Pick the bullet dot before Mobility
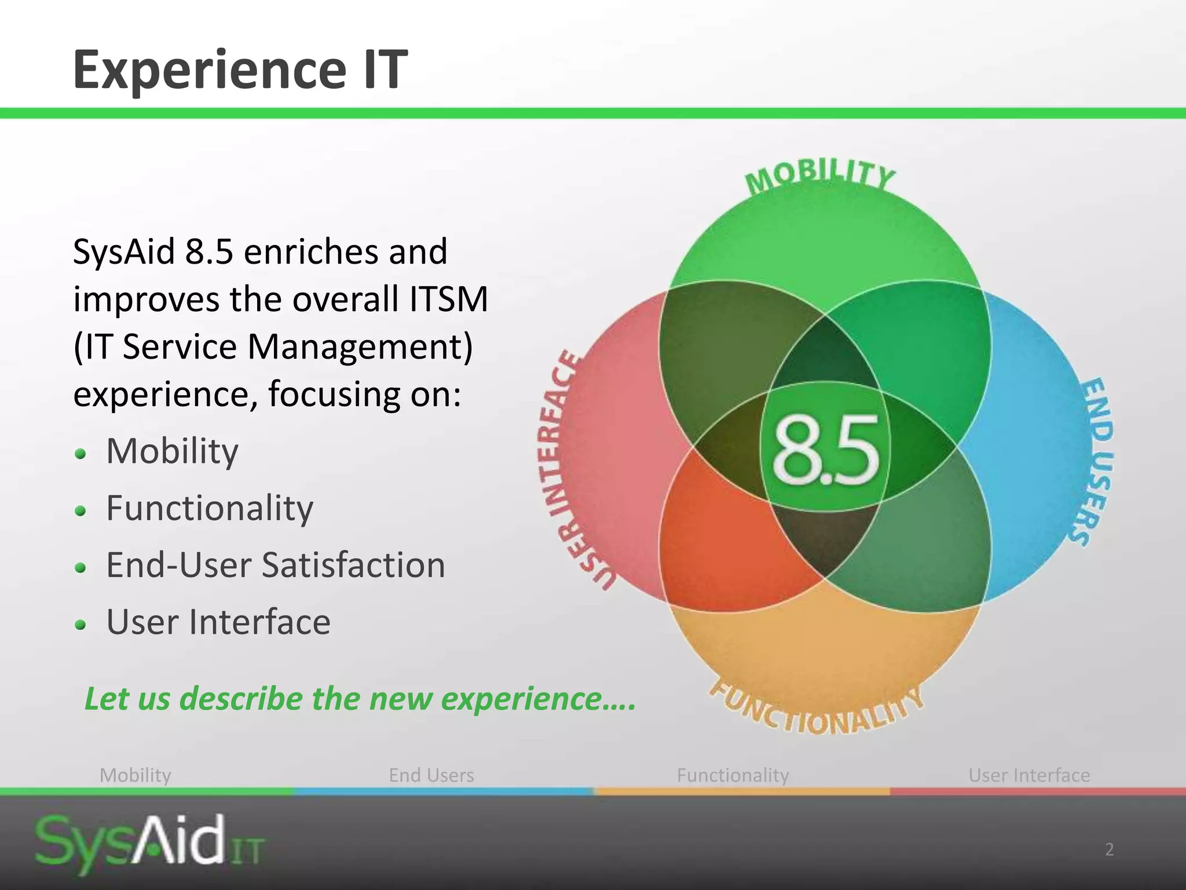pos(81,453)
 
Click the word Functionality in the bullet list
pos(210,508)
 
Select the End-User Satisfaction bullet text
pos(276,565)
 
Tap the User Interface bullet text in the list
pos(218,622)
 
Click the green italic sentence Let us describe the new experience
pos(360,698)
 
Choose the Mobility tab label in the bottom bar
pos(136,775)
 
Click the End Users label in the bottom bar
pos(431,775)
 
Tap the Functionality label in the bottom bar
pos(733,775)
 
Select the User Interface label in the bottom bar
pos(1029,775)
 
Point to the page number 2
pos(1109,849)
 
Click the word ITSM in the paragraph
pos(449,300)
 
